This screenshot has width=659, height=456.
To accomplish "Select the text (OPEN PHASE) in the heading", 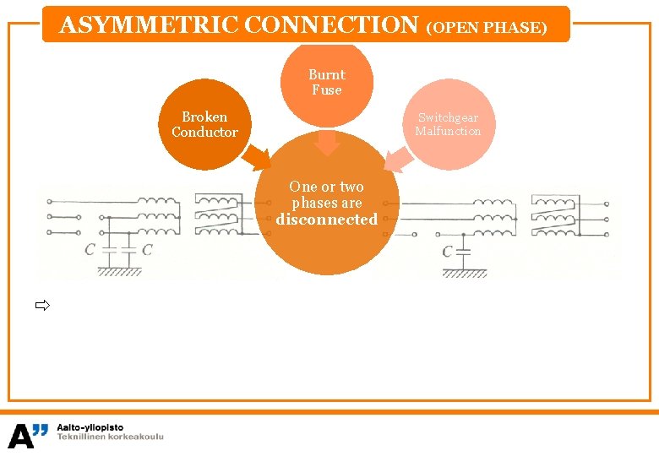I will tap(487, 27).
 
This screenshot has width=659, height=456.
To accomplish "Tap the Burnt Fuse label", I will tap(326, 82).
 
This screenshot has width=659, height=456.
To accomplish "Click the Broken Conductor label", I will tap(204, 124).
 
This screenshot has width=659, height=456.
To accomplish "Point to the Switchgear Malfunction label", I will tap(448, 124).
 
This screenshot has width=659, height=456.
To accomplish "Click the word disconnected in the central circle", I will tap(326, 220).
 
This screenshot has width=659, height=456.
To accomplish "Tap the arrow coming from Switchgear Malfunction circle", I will tap(396, 158).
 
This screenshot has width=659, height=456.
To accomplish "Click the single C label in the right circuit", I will tap(448, 251).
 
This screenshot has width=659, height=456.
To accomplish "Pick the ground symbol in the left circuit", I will tap(118, 272).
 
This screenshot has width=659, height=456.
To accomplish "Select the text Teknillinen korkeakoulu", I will tap(110, 437).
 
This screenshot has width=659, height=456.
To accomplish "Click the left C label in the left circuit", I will tap(90, 249).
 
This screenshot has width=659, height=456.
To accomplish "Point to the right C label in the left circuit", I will tap(147, 249).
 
